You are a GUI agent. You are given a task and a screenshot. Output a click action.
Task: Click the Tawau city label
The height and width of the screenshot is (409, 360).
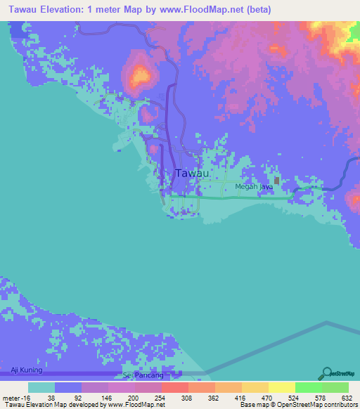tap(191, 173)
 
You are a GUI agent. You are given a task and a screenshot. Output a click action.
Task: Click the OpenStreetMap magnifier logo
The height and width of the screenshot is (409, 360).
tap(326, 372)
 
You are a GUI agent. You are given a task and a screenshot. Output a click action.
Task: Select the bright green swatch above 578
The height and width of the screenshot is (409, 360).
tap(308, 387)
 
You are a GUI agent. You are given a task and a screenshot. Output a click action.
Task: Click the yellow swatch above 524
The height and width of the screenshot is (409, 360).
tap(281, 387)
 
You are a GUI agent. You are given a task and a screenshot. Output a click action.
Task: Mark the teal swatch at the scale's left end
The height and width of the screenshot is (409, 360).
tap(41, 387)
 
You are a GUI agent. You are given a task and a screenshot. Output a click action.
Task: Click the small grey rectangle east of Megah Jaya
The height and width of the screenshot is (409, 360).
tap(277, 181)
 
